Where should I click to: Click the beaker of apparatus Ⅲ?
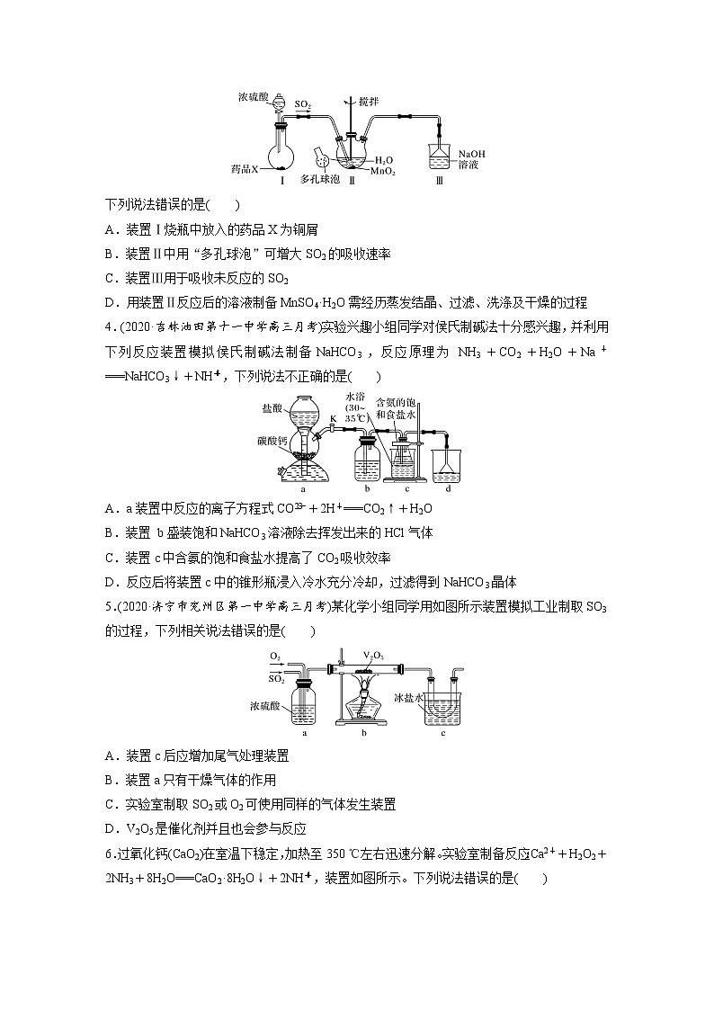click(440, 158)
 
